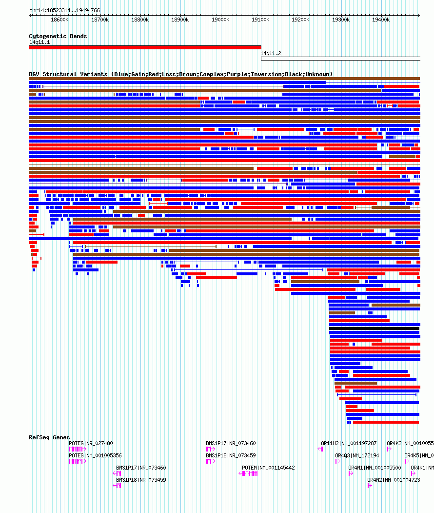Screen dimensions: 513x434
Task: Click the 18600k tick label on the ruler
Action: [59, 20]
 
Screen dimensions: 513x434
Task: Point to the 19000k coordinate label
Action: [220, 20]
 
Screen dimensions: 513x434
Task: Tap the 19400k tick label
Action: [380, 20]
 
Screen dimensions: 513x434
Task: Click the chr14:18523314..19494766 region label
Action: [64, 10]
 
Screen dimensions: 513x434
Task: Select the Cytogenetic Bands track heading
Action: [58, 36]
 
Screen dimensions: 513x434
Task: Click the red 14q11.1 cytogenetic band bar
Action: [145, 47]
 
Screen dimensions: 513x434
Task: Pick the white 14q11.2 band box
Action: [340, 59]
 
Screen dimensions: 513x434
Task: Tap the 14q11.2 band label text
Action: [271, 53]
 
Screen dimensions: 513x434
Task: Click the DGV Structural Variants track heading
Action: [180, 74]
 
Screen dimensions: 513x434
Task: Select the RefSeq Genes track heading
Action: [49, 437]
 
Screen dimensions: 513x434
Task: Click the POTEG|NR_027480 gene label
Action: [91, 443]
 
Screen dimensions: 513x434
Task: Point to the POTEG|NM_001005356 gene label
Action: [95, 455]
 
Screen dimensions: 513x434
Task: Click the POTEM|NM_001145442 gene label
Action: [268, 468]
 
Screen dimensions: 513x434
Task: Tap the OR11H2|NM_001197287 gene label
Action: [349, 443]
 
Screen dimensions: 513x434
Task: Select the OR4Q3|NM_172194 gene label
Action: [357, 455]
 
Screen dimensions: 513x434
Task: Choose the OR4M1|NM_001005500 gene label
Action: [375, 468]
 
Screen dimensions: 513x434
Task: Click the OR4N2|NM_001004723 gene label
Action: [394, 480]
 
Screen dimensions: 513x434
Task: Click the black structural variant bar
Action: [374, 328]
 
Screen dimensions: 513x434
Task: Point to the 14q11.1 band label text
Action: [39, 42]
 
